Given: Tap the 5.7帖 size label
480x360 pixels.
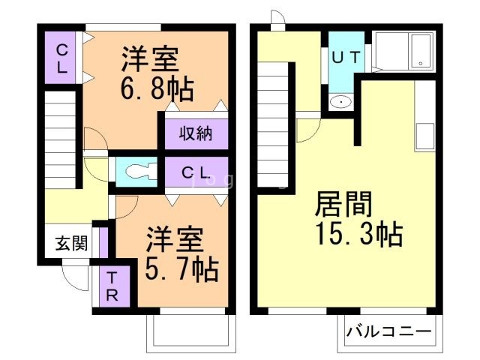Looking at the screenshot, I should pos(181,268).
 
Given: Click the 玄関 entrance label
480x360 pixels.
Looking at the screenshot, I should pos(72,243).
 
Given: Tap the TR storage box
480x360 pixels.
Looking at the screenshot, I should pos(111,286).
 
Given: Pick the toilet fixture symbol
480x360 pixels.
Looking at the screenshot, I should pos(137,172).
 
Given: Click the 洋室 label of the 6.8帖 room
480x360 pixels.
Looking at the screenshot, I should pos(150,58).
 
